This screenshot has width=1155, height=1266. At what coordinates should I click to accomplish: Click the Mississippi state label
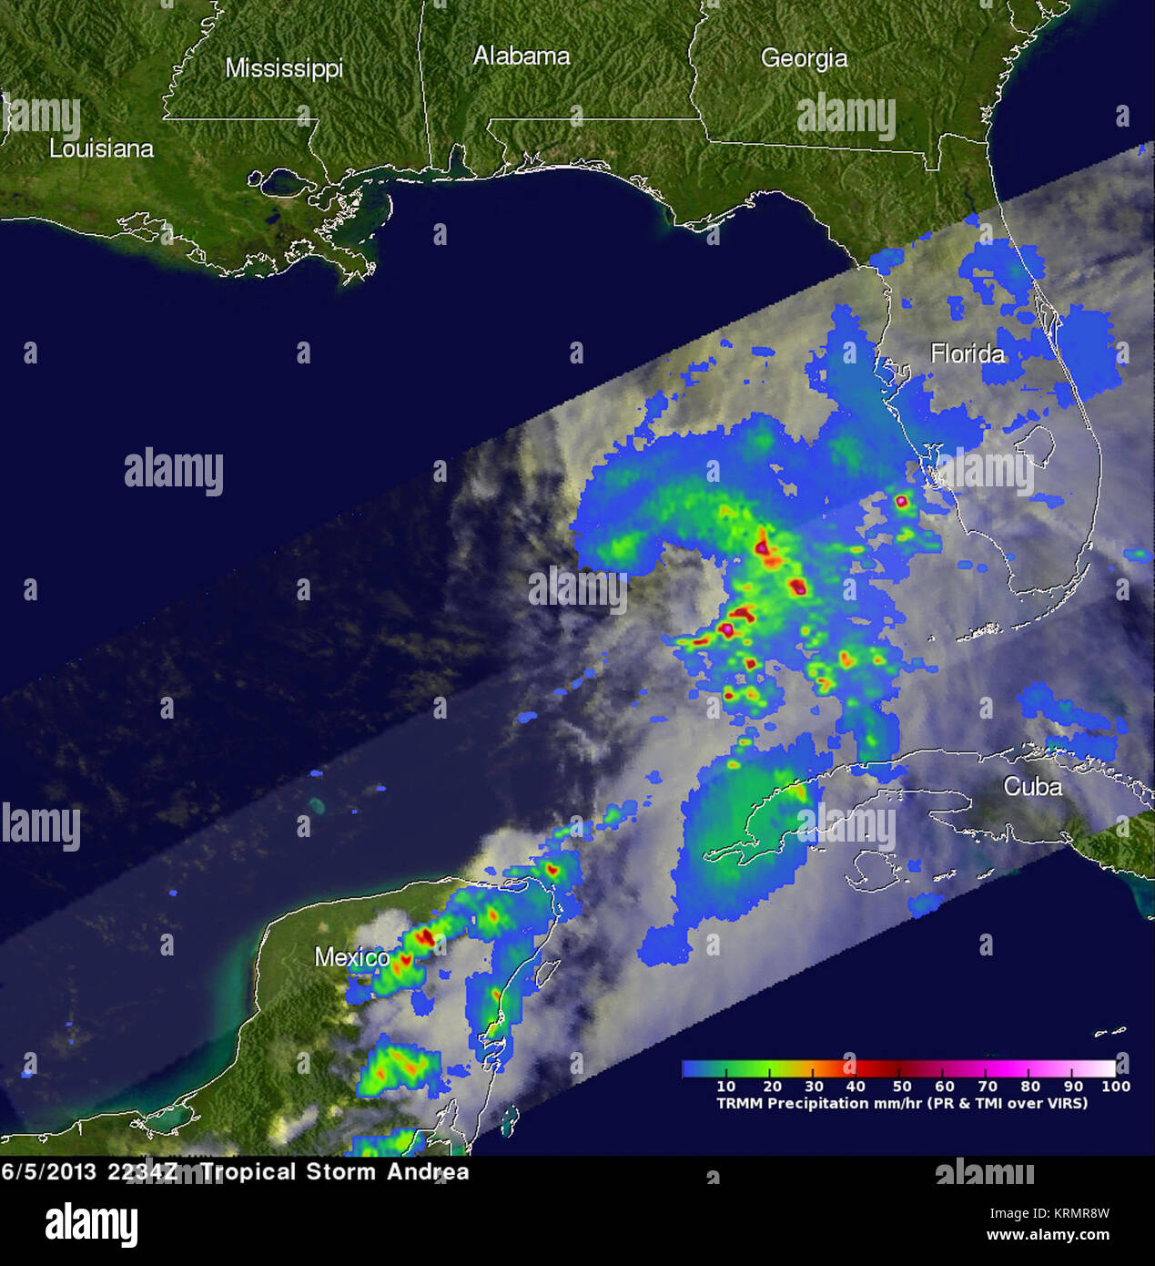284,68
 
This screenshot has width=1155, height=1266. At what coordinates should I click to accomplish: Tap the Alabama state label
522,56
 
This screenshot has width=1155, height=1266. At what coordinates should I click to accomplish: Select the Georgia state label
804,58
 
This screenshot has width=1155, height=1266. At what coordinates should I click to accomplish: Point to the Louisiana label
101,148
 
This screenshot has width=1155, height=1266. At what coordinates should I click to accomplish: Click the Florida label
967,353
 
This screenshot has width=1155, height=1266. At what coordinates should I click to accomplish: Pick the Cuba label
1032,786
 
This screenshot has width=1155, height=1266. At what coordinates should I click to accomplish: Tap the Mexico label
351,957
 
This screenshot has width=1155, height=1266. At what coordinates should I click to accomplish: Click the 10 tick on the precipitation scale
725,1086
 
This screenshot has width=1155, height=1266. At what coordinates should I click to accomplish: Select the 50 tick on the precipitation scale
901,1086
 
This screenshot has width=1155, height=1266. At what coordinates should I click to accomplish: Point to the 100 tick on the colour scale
1115,1086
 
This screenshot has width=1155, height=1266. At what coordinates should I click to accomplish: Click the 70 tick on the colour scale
988,1086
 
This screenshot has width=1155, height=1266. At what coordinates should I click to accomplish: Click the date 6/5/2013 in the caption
48,1171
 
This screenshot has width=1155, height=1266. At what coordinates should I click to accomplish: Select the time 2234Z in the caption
143,1171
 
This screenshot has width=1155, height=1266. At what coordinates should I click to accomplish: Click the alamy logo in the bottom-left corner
91,1223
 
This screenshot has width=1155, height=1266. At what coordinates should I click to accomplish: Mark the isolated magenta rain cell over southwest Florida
902,500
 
